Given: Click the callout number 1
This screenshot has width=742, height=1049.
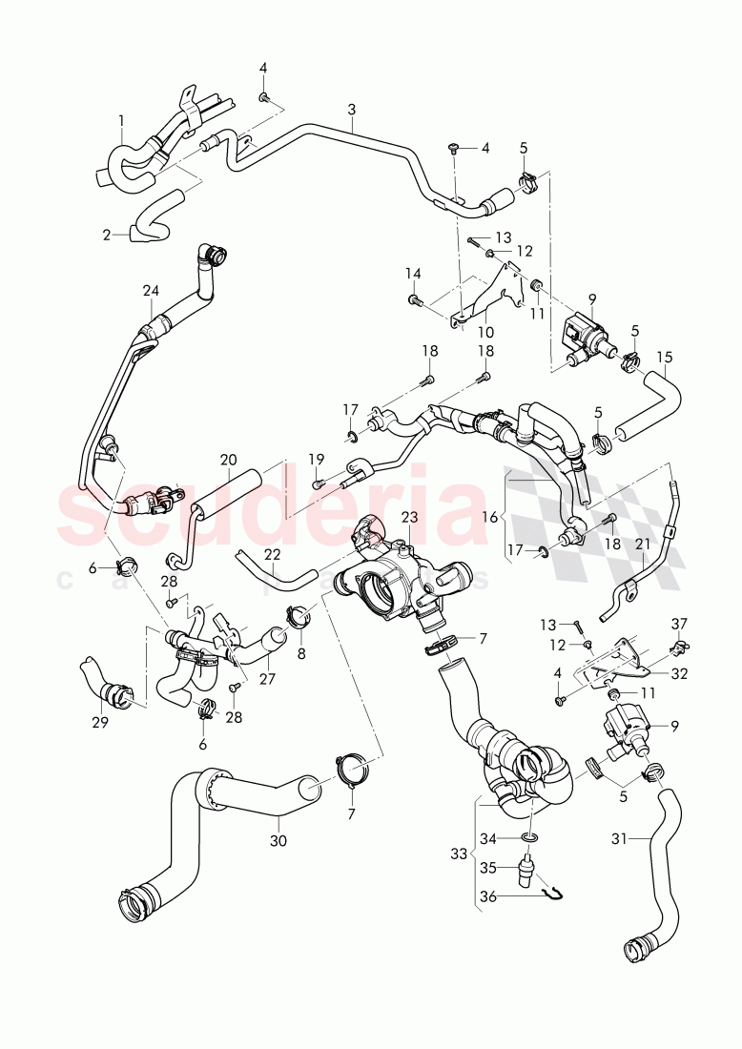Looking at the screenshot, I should click(121, 120).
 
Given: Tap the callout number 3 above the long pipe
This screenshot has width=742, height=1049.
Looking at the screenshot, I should click(351, 110).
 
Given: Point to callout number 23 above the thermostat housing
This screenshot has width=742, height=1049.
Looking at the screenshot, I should click(409, 517).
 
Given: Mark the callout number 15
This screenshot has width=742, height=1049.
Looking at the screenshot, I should click(665, 358).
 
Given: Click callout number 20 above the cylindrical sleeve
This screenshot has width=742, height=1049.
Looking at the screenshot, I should click(228, 460).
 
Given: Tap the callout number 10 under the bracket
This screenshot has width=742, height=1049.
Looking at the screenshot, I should click(486, 332).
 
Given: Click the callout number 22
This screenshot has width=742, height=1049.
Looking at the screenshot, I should click(273, 554).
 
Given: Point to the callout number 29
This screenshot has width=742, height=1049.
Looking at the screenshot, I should click(99, 723).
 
